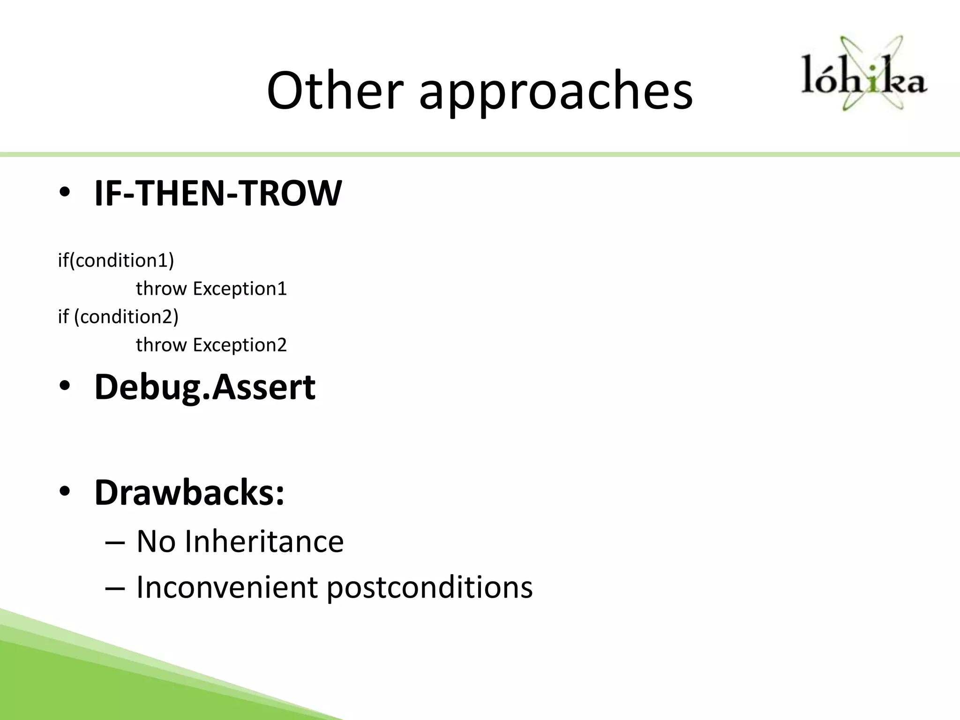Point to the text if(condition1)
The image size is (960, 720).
116,260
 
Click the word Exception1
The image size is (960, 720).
240,289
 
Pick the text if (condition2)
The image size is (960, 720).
118,317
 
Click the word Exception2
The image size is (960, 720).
240,345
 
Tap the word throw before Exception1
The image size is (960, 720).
161,289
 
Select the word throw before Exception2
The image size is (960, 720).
161,345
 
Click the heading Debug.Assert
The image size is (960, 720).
205,387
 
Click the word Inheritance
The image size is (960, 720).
264,541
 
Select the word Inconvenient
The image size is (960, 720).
227,587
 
